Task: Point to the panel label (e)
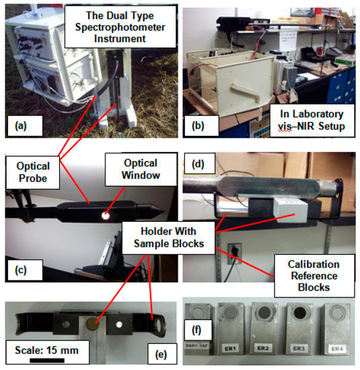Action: pos(159,353)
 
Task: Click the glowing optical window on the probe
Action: pos(107,215)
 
